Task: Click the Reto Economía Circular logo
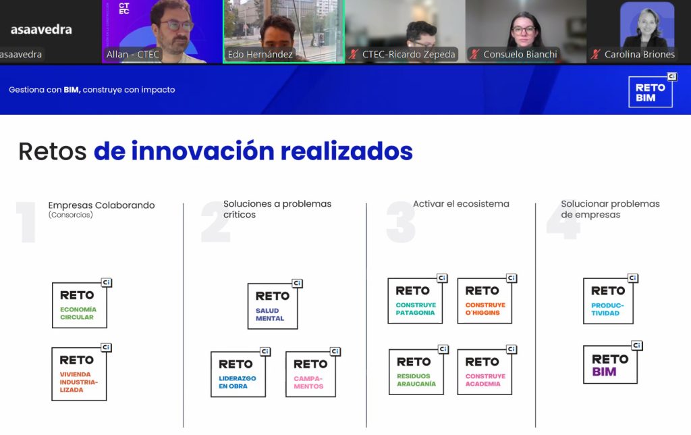[82, 304]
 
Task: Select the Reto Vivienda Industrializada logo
[81, 372]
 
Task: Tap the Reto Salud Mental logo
[275, 305]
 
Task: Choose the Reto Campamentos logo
[313, 373]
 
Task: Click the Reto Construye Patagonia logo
[417, 299]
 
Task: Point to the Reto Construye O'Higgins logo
[487, 299]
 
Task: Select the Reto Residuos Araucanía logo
[418, 370]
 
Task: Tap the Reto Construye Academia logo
[487, 370]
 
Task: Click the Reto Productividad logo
[611, 299]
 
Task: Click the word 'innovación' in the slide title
[202, 151]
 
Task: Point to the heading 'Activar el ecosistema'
[461, 204]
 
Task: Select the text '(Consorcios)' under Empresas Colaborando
[70, 215]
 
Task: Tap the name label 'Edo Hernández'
[260, 54]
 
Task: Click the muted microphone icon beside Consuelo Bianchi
[474, 54]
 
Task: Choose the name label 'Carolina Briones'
[640, 54]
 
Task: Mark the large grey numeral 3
[401, 222]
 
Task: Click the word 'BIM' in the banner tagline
[72, 90]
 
